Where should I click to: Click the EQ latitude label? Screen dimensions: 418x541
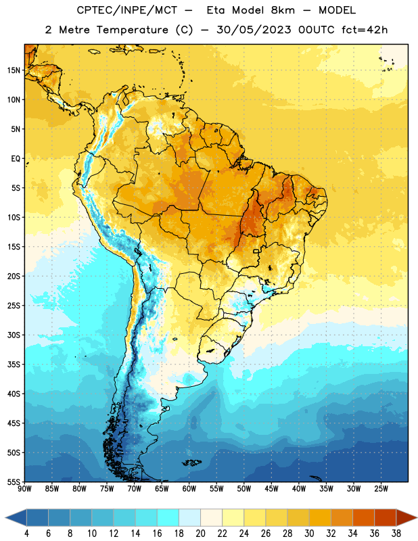[16, 159]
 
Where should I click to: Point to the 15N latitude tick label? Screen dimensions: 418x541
[14, 70]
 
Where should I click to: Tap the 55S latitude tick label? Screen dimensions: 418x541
[14, 482]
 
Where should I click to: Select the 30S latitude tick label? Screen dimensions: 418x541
[14, 335]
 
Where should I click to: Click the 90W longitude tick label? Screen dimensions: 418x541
[24, 489]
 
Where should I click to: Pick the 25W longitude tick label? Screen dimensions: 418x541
[381, 489]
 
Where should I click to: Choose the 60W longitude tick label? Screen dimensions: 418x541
[189, 489]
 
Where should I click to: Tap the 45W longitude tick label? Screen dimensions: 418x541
[271, 489]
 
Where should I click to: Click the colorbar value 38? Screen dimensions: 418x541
[396, 534]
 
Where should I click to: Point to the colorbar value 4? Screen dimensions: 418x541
[26, 534]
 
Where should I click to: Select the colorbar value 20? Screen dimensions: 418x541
[200, 534]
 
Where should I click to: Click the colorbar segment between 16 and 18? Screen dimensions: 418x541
[168, 517]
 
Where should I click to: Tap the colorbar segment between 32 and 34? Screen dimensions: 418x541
[342, 517]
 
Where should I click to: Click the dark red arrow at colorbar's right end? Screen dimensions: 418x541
[407, 517]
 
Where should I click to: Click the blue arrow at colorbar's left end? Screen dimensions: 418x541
[16, 517]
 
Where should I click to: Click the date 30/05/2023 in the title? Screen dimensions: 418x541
[254, 30]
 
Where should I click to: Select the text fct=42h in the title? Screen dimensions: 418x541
[365, 30]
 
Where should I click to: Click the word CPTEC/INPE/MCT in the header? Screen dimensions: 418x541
[126, 10]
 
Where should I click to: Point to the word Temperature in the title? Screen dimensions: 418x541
[132, 30]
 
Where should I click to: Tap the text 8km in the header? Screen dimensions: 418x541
[283, 10]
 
